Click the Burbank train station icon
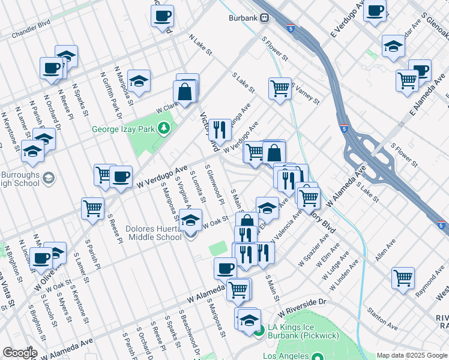264,18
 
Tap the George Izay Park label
123,129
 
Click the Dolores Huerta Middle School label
154,233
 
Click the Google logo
20,353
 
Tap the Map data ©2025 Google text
412,355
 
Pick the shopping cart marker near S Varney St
280,89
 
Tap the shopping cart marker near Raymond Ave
403,278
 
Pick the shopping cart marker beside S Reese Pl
93,209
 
